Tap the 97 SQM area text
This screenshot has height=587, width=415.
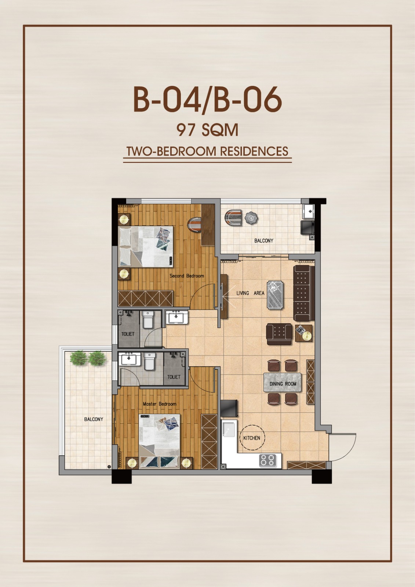[207, 130]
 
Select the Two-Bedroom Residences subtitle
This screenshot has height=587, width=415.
[207, 151]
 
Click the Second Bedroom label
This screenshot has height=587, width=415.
[187, 276]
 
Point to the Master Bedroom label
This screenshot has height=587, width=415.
[159, 404]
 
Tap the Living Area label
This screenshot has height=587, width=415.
[250, 293]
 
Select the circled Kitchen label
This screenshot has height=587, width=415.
[252, 438]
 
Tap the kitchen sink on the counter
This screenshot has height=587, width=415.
[228, 429]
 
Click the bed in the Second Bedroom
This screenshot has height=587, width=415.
[146, 246]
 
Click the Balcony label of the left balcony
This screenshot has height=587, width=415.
[94, 419]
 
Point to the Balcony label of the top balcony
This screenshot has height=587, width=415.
[264, 240]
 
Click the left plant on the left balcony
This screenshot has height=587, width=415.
[79, 358]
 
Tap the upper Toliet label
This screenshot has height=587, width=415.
[128, 334]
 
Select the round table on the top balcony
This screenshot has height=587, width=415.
[251, 218]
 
